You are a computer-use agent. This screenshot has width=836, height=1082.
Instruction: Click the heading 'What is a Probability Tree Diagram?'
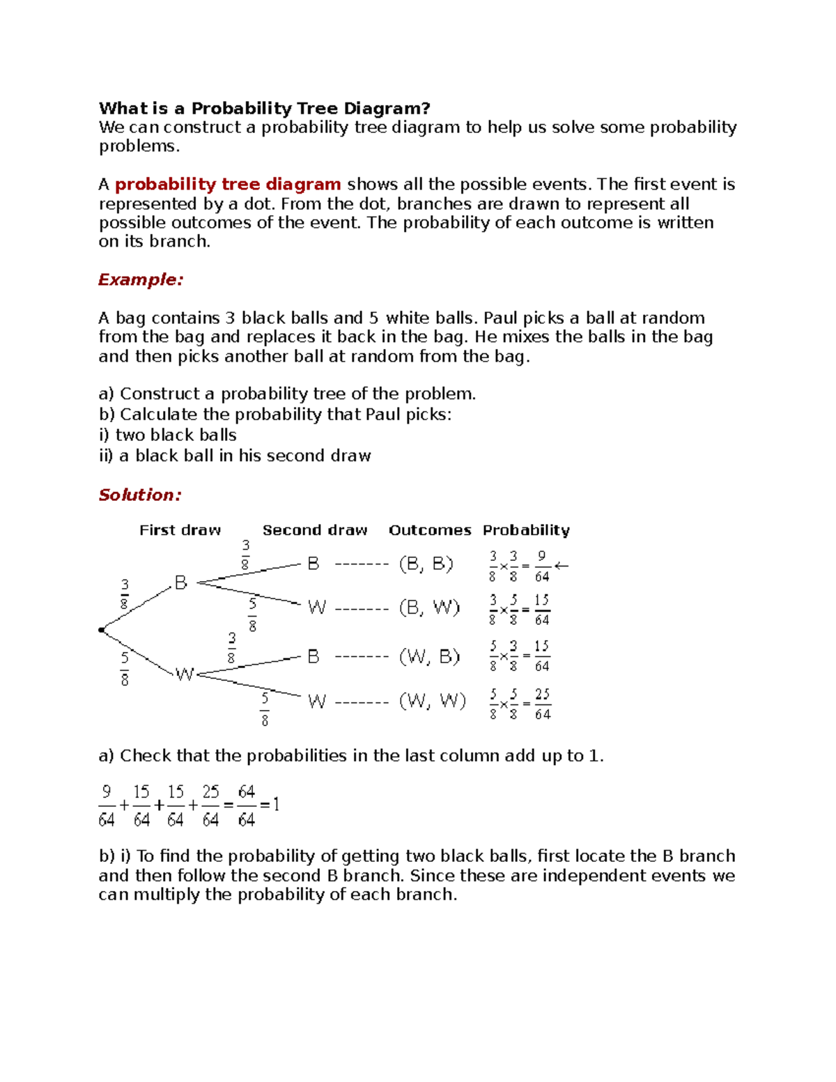pyautogui.click(x=264, y=109)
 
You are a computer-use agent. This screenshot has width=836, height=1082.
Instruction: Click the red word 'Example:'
pyautogui.click(x=140, y=280)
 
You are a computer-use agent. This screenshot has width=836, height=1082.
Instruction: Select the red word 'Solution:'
pyautogui.click(x=139, y=495)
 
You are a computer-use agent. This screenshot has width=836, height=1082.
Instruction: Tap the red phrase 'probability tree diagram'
pyautogui.click(x=228, y=185)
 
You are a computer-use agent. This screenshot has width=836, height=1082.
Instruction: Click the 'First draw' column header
pyautogui.click(x=180, y=530)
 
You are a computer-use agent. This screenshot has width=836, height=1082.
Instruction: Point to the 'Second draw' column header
pyautogui.click(x=314, y=530)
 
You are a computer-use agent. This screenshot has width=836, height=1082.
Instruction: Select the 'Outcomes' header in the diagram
pyautogui.click(x=429, y=530)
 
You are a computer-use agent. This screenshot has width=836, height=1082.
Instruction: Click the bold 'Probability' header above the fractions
pyautogui.click(x=526, y=530)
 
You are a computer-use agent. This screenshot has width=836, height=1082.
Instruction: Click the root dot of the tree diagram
pyautogui.click(x=102, y=630)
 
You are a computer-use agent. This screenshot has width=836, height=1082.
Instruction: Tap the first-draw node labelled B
pyautogui.click(x=180, y=582)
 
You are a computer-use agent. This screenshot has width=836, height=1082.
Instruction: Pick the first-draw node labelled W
pyautogui.click(x=184, y=674)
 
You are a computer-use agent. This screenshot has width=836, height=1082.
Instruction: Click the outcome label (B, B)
pyautogui.click(x=426, y=564)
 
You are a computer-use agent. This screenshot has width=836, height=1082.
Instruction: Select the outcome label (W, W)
pyautogui.click(x=432, y=700)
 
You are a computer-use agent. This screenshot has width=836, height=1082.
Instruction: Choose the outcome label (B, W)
pyautogui.click(x=429, y=608)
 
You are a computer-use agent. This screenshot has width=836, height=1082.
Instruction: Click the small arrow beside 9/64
pyautogui.click(x=562, y=566)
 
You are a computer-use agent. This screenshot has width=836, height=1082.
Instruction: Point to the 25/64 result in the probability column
pyautogui.click(x=542, y=704)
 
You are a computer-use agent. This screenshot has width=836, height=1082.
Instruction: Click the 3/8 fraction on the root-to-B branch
pyautogui.click(x=124, y=594)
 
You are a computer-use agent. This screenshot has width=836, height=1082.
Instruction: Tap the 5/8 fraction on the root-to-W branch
pyautogui.click(x=125, y=668)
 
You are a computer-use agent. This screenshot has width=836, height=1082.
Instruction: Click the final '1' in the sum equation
pyautogui.click(x=276, y=805)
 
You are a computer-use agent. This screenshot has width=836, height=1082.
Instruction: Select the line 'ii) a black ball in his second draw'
pyautogui.click(x=235, y=456)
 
